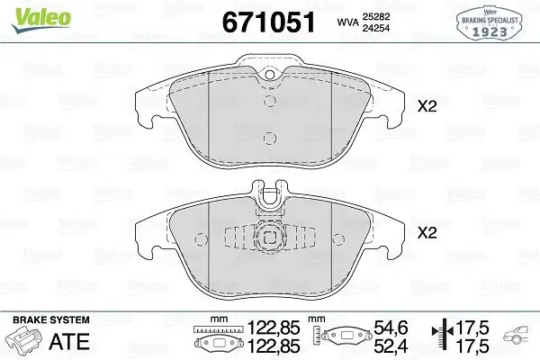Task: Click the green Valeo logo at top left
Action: (x=27, y=11)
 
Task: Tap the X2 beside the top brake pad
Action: (x=427, y=106)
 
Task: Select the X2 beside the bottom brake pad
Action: (x=427, y=232)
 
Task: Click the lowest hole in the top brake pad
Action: (x=267, y=138)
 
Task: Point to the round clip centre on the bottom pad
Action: (x=267, y=238)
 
